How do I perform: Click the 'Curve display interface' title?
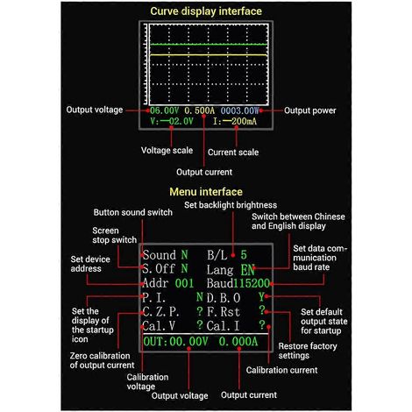206,11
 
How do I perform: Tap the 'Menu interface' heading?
206,192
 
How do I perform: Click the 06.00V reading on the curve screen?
165,110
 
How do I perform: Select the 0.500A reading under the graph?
200,110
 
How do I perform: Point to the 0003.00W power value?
239,110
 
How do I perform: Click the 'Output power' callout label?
310,110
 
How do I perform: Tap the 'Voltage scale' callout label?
167,150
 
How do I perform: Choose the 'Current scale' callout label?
233,153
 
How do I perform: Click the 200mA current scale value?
245,121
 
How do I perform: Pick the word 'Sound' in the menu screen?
160,255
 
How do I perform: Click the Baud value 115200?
252,283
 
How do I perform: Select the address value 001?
184,283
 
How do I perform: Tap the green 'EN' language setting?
248,270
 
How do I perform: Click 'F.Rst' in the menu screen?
224,311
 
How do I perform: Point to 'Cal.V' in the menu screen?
159,326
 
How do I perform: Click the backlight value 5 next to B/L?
244,255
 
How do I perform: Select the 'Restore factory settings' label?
308,351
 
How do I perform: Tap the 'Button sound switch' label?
133,212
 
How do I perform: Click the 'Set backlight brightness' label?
231,205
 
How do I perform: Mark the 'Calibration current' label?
281,370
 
